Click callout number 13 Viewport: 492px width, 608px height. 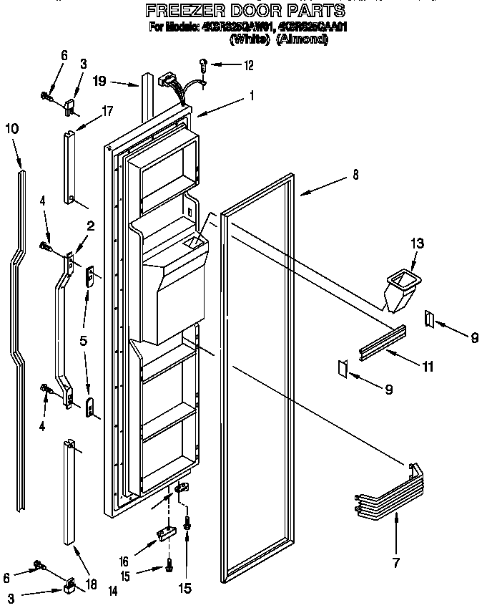[x=416, y=244]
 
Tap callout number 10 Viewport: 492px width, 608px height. [x=12, y=129]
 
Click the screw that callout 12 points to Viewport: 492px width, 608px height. [x=204, y=65]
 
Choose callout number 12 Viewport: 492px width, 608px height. [x=249, y=67]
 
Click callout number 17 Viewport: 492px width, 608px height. [x=108, y=111]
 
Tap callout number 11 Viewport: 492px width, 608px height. [x=428, y=367]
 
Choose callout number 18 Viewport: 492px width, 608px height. [x=91, y=584]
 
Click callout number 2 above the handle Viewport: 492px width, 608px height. [x=91, y=227]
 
